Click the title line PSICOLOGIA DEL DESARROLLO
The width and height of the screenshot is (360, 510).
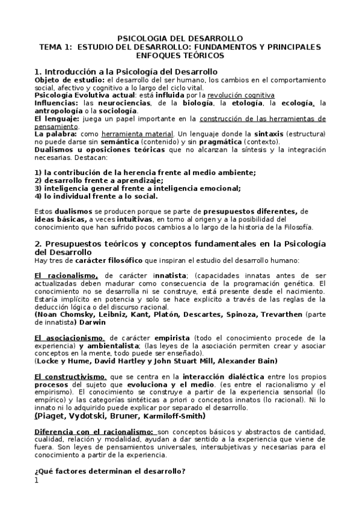point(180,38)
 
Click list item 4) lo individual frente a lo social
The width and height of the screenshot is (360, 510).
point(96,195)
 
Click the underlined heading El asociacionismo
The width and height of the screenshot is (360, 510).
point(70,338)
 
